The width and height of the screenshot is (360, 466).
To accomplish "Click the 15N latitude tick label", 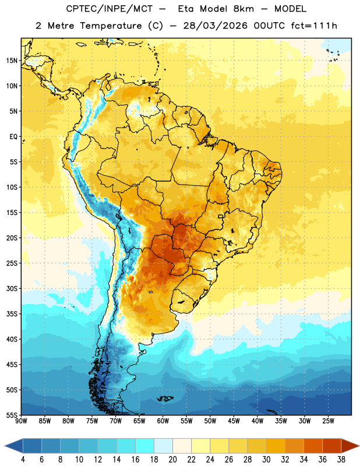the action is pyautogui.click(x=12, y=61).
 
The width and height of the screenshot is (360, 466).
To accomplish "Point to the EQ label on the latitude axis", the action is pyautogui.click(x=13, y=137).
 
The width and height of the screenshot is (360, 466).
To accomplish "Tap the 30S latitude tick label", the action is pyautogui.click(x=12, y=288).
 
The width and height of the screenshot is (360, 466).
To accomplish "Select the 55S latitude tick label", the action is pyautogui.click(x=12, y=415).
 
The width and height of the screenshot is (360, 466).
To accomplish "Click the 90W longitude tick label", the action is pyautogui.click(x=22, y=421).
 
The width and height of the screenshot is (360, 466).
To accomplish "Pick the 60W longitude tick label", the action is pyautogui.click(x=163, y=421).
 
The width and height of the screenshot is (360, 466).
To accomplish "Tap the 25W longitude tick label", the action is pyautogui.click(x=328, y=421).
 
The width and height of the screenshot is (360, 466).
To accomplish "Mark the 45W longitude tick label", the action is pyautogui.click(x=234, y=421).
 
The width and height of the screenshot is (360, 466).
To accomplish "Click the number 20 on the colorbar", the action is pyautogui.click(x=172, y=460).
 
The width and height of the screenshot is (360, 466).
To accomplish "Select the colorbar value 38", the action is pyautogui.click(x=341, y=460).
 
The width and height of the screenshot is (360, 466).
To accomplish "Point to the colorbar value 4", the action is pyautogui.click(x=23, y=460).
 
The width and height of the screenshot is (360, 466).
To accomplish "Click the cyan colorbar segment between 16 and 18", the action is pyautogui.click(x=145, y=446).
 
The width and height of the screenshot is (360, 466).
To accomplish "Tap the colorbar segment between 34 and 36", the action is pyautogui.click(x=313, y=446).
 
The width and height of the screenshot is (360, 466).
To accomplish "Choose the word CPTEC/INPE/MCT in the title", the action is pyautogui.click(x=110, y=9).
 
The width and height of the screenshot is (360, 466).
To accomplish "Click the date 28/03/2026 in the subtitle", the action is pyautogui.click(x=215, y=26).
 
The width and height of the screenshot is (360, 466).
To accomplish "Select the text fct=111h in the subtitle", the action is pyautogui.click(x=314, y=26).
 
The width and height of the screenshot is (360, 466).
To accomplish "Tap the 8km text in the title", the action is pyautogui.click(x=243, y=9).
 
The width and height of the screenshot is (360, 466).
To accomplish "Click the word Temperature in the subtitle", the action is pyautogui.click(x=111, y=26).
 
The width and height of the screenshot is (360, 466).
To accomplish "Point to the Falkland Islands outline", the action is pyautogui.click(x=165, y=398).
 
